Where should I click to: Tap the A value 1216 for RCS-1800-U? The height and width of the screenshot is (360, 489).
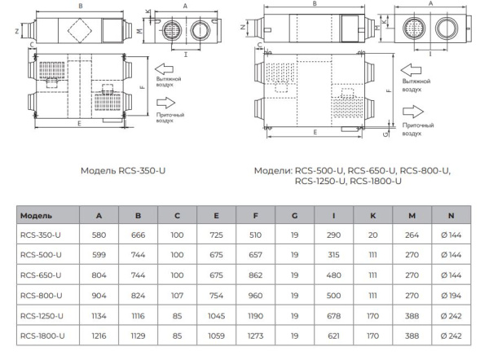(99, 334)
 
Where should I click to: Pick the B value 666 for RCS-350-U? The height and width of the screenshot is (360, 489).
(138, 235)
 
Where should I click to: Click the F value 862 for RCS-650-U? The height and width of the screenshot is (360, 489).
(255, 275)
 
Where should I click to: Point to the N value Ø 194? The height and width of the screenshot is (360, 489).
(451, 295)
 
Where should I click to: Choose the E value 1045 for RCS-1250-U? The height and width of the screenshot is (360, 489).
(216, 314)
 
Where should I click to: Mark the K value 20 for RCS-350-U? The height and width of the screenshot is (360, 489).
(372, 235)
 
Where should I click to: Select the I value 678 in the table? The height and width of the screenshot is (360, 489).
(333, 314)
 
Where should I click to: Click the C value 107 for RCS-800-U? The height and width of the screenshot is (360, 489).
(177, 295)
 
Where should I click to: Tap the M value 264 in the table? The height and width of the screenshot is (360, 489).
(412, 235)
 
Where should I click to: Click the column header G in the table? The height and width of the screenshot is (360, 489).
(294, 216)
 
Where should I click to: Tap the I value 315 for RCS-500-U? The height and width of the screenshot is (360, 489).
(333, 255)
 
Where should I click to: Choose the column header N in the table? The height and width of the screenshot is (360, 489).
(451, 216)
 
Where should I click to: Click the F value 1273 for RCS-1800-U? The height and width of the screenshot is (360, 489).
(255, 334)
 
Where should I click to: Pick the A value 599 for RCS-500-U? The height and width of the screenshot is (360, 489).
(99, 255)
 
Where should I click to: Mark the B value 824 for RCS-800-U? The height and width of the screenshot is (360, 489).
(138, 295)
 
